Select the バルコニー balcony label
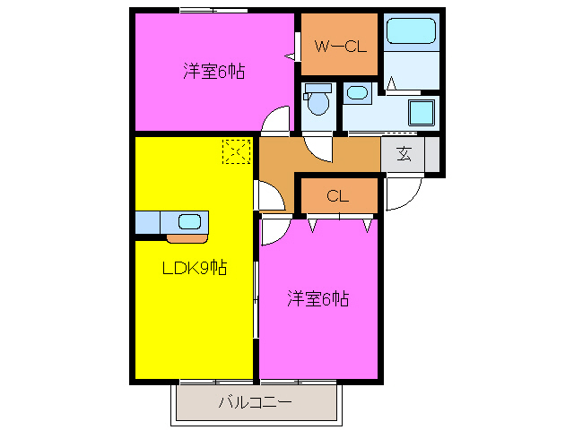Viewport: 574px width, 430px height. click(256, 403)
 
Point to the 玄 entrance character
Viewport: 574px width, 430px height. click(404, 154)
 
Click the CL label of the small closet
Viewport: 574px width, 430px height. click(338, 196)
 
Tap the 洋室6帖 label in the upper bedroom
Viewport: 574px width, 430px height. click(214, 73)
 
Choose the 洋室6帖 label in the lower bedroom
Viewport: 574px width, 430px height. click(318, 298)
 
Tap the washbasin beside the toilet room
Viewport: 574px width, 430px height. click(357, 92)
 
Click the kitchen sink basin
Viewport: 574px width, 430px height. click(189, 222)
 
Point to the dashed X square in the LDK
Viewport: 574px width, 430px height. click(236, 152)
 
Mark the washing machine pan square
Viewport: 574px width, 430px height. click(421, 114)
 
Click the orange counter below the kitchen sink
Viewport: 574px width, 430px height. click(186, 238)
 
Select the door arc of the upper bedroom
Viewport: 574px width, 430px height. click(279, 120)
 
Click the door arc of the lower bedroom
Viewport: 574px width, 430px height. click(274, 229)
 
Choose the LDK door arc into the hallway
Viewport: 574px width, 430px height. click(268, 195)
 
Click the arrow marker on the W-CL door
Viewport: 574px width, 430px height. click(290, 56)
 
